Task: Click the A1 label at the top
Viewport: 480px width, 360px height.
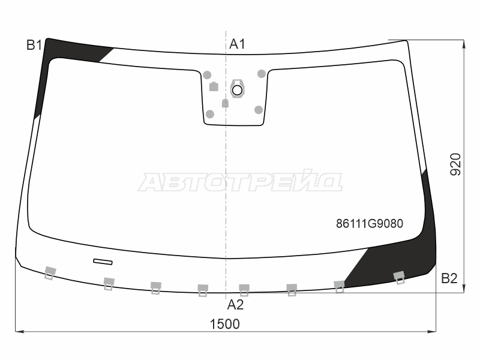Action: click(237, 44)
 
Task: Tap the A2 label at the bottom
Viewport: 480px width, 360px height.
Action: click(235, 305)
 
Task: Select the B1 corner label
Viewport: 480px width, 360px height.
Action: click(34, 45)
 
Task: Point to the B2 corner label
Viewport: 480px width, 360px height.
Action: click(449, 278)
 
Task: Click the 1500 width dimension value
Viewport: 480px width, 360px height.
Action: click(224, 324)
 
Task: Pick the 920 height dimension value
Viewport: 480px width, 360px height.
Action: click(455, 164)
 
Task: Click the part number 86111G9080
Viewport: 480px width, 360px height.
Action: click(370, 223)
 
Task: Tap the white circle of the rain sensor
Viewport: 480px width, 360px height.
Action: click(237, 90)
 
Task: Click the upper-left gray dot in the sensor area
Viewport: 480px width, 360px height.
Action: click(207, 75)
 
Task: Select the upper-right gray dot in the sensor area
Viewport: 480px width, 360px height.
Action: click(262, 74)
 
